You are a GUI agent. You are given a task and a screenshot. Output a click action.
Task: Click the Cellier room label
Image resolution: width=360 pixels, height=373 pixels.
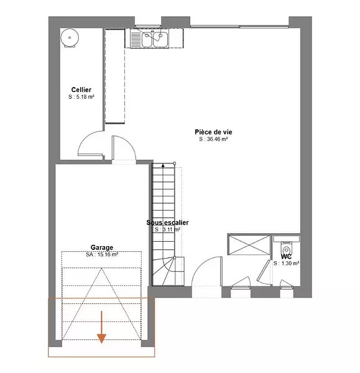click(81, 90)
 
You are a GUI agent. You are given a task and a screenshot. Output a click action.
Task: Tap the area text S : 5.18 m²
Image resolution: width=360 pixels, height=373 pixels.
click(81, 97)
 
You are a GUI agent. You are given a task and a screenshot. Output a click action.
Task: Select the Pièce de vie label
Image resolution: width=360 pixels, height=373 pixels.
click(213, 132)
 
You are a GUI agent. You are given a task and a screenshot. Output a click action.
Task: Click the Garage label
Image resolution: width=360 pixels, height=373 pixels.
click(102, 247)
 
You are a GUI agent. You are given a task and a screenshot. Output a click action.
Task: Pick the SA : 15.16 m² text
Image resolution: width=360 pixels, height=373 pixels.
click(102, 254)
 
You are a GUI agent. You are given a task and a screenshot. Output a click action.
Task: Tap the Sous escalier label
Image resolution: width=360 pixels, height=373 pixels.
click(167, 223)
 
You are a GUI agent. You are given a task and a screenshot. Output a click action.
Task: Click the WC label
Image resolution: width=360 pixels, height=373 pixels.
click(286, 256)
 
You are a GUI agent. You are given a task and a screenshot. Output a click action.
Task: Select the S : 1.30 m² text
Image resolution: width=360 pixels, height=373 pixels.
click(286, 264)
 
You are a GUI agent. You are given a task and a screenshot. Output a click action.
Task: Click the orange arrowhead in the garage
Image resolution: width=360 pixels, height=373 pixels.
click(101, 339)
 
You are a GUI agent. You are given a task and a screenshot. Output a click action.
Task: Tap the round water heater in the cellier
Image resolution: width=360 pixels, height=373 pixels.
click(70, 37)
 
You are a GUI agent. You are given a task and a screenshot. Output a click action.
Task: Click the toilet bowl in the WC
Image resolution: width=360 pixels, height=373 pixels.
click(286, 250)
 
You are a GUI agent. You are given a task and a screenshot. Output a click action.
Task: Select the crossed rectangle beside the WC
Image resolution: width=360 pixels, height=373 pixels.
click(249, 245)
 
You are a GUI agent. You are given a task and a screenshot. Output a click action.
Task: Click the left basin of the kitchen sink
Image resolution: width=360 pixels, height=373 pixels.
click(147, 39)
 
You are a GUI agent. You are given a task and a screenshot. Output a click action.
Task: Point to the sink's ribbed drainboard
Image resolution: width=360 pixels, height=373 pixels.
click(136, 39)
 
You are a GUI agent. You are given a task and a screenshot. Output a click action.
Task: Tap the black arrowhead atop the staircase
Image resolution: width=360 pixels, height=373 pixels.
click(163, 165)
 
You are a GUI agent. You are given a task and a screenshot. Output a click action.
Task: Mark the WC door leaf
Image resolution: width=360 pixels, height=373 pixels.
click(264, 270)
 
